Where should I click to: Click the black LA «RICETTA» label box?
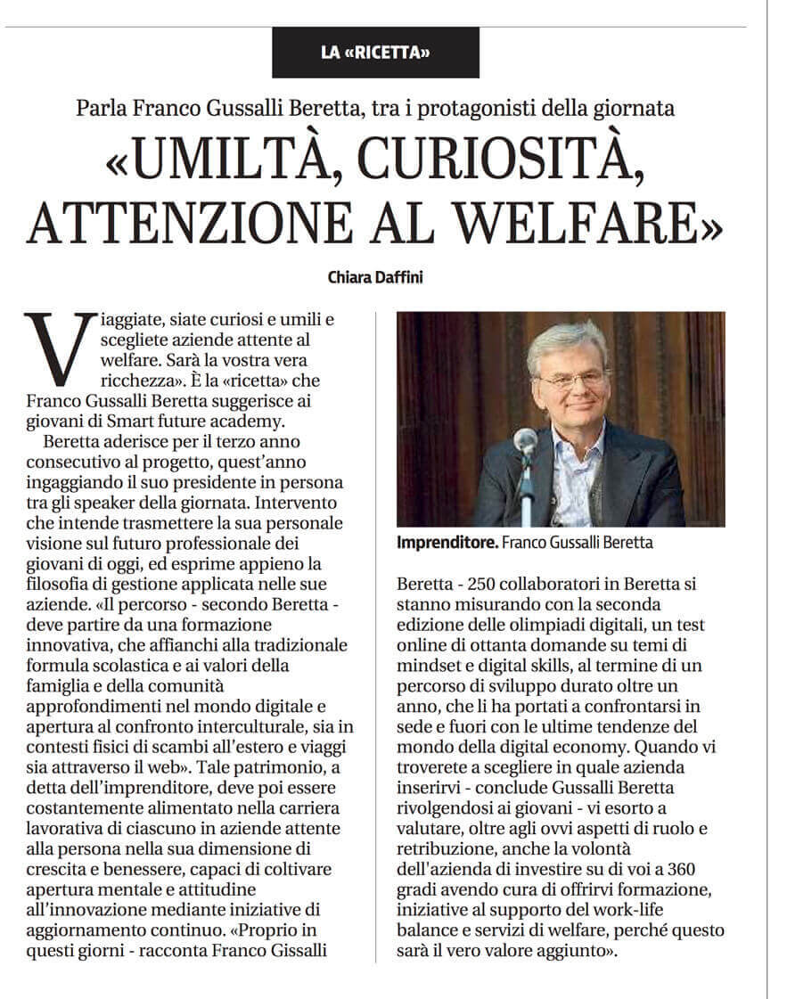click(x=375, y=53)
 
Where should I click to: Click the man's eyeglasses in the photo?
click(x=571, y=381)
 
